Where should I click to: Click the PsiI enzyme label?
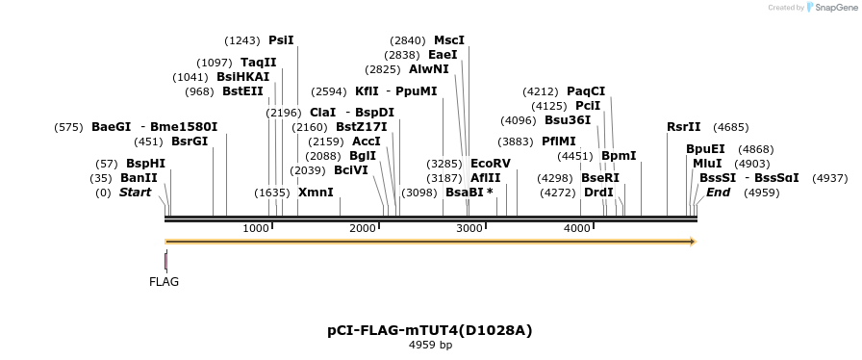281,40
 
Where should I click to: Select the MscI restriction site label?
449,40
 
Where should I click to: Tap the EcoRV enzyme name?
491,164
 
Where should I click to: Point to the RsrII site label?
684,127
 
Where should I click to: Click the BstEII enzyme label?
242,92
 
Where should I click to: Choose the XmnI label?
316,193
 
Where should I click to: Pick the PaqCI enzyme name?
586,91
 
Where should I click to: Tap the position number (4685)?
731,127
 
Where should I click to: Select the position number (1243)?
242,40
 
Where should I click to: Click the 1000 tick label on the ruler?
256,228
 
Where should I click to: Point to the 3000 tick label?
469,228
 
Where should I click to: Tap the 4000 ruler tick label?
576,228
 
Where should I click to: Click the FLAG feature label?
164,282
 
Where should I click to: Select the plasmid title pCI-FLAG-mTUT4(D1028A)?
430,330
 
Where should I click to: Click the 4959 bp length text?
430,345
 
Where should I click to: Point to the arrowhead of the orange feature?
691,242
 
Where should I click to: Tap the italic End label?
718,193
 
